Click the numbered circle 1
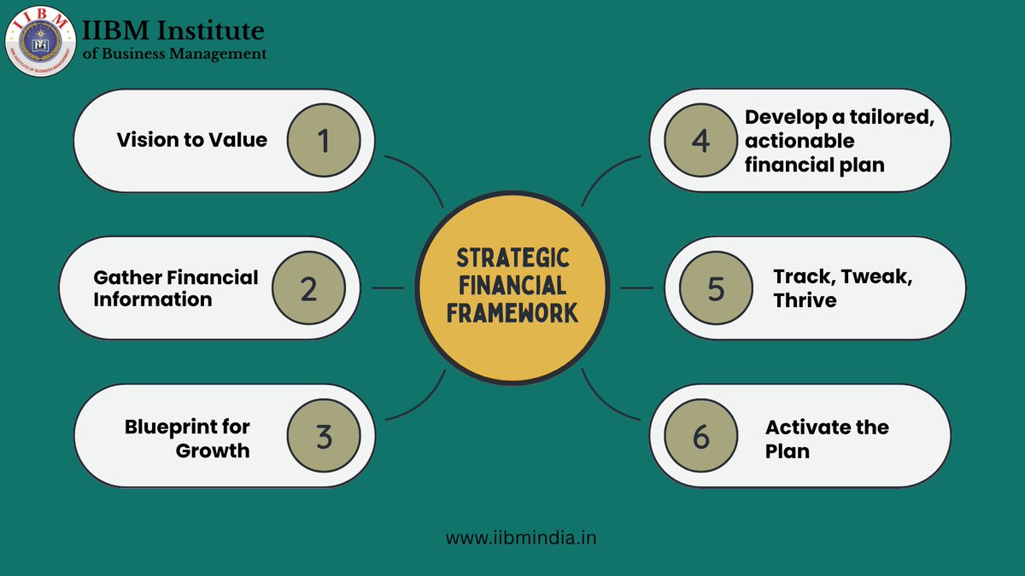[x=323, y=140]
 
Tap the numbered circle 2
[x=308, y=288]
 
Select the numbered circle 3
[x=323, y=436]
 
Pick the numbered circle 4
[x=700, y=140]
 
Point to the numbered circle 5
[x=716, y=288]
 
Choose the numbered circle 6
[x=700, y=436]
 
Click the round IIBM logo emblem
[x=40, y=40]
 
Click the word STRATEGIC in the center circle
[x=512, y=258]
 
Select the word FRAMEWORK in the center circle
[x=512, y=313]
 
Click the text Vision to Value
[x=191, y=140]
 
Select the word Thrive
[x=805, y=300]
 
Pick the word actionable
[x=799, y=140]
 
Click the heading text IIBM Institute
[x=173, y=31]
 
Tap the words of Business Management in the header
[x=174, y=54]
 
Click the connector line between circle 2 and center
[x=389, y=288]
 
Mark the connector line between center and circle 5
[x=636, y=288]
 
